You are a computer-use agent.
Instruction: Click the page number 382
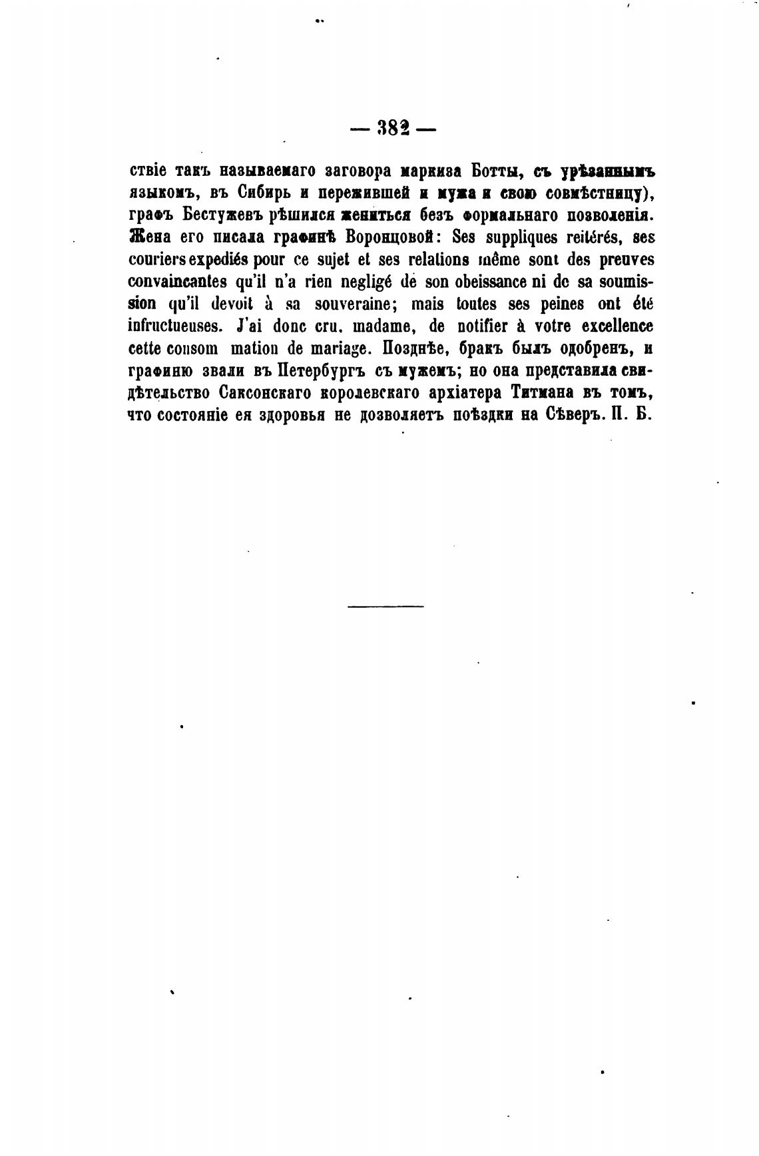(x=393, y=127)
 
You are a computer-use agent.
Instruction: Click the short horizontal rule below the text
(x=385, y=606)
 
